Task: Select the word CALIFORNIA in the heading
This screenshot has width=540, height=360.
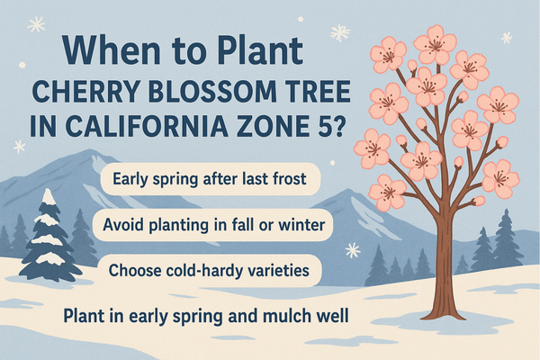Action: coord(147,126)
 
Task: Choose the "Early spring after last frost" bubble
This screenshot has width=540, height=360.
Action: coord(211,179)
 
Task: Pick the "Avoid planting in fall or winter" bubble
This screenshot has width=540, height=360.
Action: coord(212,225)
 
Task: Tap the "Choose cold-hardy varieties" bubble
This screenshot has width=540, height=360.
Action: coord(210,270)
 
